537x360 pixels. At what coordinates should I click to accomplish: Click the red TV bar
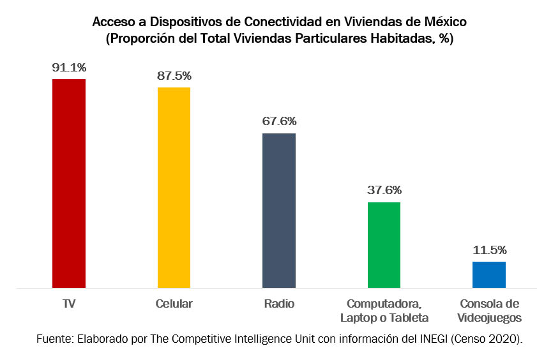pyautogui.click(x=69, y=183)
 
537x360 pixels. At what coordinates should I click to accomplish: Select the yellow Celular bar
pyautogui.click(x=174, y=187)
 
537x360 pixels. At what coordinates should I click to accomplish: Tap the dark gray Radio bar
pyautogui.click(x=279, y=211)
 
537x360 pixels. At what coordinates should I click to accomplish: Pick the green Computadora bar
pyautogui.click(x=384, y=245)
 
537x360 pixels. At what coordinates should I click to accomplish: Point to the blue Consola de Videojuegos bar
pyautogui.click(x=489, y=274)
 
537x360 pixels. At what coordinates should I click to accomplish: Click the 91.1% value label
pyautogui.click(x=69, y=67)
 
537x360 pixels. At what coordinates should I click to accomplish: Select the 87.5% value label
pyautogui.click(x=174, y=75)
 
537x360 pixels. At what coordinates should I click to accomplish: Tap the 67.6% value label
pyautogui.click(x=279, y=121)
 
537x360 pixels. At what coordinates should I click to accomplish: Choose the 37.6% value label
pyautogui.click(x=384, y=190)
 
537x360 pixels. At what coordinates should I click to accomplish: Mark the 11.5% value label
pyautogui.click(x=489, y=250)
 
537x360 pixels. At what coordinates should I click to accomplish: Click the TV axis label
pyautogui.click(x=69, y=304)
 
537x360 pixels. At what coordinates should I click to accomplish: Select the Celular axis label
pyautogui.click(x=174, y=304)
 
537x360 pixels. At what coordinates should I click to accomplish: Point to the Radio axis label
pyautogui.click(x=279, y=304)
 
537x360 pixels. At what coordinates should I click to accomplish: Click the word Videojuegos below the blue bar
pyautogui.click(x=489, y=318)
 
